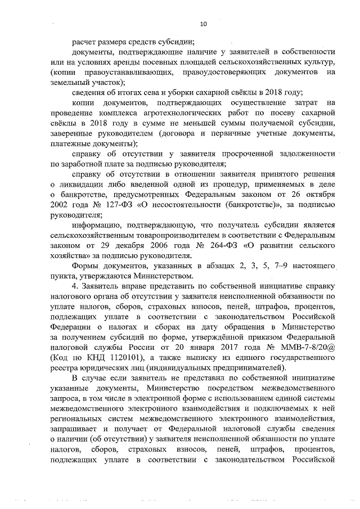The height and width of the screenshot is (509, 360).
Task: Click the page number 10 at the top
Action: [204, 24]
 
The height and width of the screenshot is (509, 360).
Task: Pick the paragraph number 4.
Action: [74, 286]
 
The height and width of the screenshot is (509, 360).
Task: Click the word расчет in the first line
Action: [84, 42]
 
